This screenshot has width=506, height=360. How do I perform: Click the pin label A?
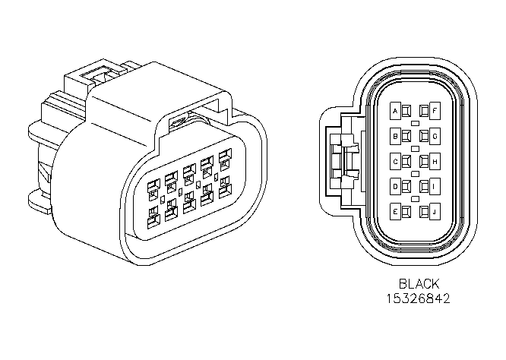point(395,112)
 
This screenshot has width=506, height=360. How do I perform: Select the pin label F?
point(435,111)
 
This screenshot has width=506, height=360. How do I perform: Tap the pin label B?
point(395,137)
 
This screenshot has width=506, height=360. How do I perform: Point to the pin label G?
point(435,137)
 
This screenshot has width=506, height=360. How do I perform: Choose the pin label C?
point(395,162)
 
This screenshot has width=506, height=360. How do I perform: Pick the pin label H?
point(435,161)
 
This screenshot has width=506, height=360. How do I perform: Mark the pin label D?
point(395,187)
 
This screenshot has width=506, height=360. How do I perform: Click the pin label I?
point(435,186)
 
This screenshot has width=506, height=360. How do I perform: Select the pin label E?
point(395,212)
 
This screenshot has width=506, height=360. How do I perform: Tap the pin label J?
point(435,212)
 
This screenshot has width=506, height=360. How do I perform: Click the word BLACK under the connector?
point(419,284)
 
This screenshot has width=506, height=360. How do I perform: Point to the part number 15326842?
point(418,298)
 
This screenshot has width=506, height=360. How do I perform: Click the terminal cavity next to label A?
point(406,112)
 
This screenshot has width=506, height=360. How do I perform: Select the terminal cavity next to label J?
point(425,212)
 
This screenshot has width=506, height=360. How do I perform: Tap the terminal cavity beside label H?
point(425,161)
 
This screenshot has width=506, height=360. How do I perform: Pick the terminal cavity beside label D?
point(406,186)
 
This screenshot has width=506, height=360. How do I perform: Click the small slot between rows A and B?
point(416,123)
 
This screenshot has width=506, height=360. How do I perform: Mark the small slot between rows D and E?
point(416,199)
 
